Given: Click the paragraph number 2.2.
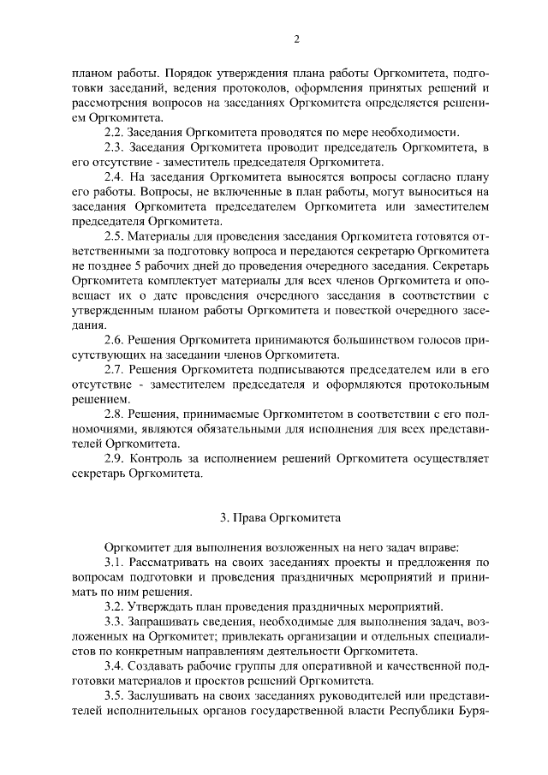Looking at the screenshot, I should coord(114,133).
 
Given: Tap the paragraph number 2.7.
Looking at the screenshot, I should coord(114,370).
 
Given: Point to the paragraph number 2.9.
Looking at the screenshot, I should coord(114,459).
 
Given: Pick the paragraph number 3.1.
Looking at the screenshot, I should coord(114,562).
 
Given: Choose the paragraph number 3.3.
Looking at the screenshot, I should coord(114,621).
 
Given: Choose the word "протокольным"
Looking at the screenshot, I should coord(445,385).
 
